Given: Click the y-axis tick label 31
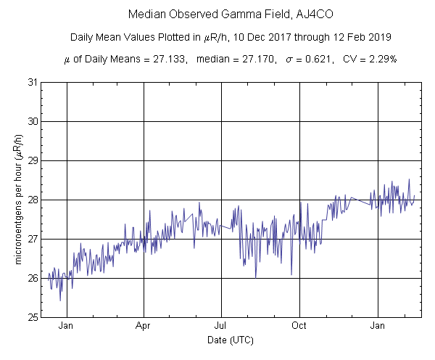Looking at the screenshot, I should click(x=33, y=82).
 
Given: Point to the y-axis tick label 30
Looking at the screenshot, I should click(x=33, y=121).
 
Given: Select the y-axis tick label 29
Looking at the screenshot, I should click(x=33, y=160).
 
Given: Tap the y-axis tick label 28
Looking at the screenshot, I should click(x=33, y=200).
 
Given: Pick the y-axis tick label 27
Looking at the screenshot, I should click(x=33, y=239).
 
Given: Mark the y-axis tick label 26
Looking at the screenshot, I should click(x=33, y=278).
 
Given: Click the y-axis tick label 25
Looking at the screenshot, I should click(x=33, y=317).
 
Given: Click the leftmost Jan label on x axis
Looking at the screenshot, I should click(x=66, y=326).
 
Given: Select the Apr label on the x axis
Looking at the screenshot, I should click(x=144, y=326).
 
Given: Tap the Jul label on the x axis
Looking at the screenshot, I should click(x=221, y=326).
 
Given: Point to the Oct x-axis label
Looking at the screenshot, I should click(x=299, y=326).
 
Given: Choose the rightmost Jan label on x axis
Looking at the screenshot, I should click(x=377, y=326).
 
